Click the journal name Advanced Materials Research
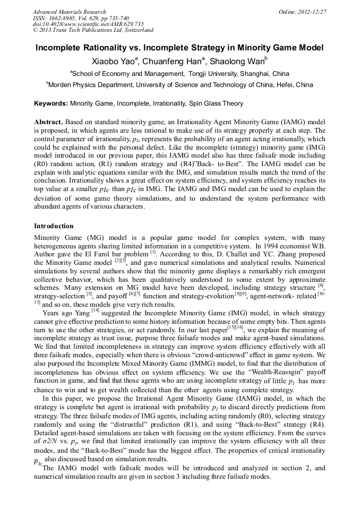69,12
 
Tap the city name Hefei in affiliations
278,84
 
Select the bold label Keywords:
51,103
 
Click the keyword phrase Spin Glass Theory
213,103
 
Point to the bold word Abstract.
49,122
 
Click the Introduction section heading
54,226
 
